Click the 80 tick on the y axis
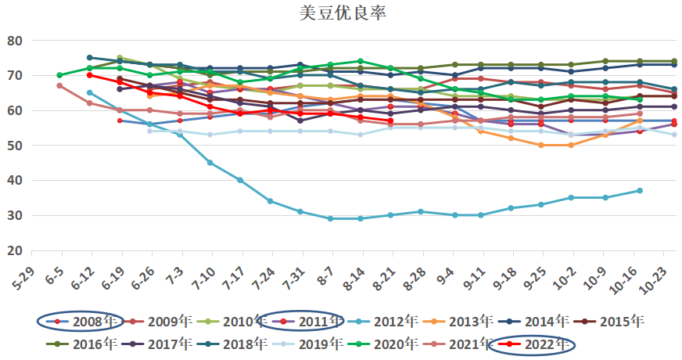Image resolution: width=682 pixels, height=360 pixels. point(15,41)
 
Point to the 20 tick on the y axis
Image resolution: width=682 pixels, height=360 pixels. point(15,250)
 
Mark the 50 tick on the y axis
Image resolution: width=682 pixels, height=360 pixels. point(15,146)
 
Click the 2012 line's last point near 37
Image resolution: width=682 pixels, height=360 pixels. point(639,191)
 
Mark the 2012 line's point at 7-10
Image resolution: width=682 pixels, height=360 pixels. point(210,163)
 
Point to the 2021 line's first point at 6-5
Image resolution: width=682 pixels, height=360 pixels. point(59,85)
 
